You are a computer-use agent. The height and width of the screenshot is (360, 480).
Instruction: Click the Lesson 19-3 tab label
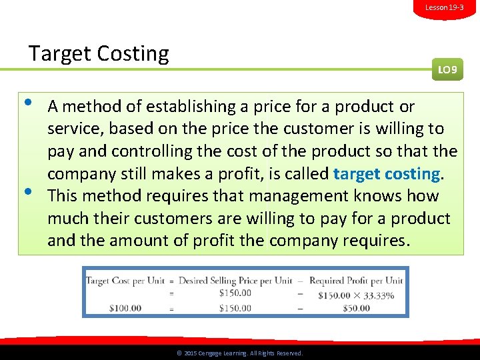click(444, 7)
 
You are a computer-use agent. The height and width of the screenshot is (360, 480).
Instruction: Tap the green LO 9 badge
click(447, 69)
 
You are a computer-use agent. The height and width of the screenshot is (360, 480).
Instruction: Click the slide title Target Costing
click(99, 53)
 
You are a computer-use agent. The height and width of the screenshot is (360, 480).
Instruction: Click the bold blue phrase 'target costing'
click(387, 174)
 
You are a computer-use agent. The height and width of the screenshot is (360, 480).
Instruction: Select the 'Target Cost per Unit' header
click(125, 281)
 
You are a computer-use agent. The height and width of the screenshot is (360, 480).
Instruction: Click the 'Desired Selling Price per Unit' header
click(235, 281)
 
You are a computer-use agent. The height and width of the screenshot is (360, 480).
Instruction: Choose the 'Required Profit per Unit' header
click(355, 281)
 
